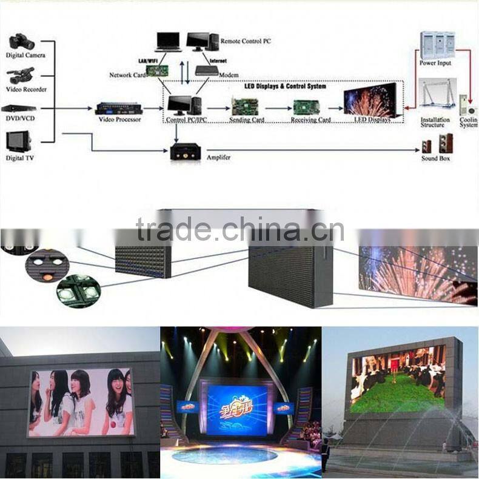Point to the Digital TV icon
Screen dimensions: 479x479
[18, 141]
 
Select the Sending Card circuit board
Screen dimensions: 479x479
[246, 107]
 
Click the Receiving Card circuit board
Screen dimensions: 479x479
[306, 107]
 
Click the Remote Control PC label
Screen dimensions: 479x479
[246, 41]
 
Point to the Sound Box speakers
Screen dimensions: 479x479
[437, 144]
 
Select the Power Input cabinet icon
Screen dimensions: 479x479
[437, 45]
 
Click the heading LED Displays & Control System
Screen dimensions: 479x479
[284, 87]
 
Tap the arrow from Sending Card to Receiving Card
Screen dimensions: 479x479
[276, 108]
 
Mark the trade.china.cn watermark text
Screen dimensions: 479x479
[239, 229]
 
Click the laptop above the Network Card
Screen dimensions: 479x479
[168, 41]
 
